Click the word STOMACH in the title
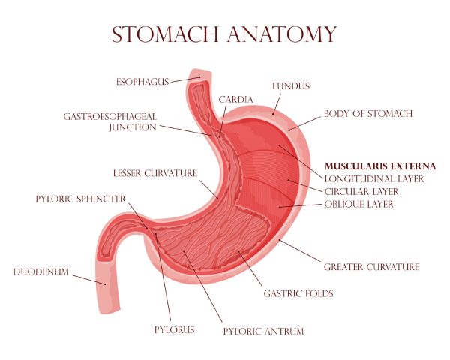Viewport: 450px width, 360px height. tap(165, 34)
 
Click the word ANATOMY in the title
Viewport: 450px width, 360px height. tap(283, 34)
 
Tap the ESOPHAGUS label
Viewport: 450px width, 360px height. tap(142, 82)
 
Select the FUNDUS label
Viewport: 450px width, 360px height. tap(291, 86)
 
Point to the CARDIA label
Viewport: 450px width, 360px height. tap(236, 100)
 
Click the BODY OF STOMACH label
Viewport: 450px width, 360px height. tap(368, 114)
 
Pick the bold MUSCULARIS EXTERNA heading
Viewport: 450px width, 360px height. tap(380, 166)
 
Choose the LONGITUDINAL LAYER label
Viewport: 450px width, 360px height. tap(374, 178)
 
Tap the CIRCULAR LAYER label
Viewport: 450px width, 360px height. tap(361, 191)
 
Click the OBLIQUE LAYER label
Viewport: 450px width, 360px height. tap(359, 205)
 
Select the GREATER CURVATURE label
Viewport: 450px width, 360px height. tap(372, 267)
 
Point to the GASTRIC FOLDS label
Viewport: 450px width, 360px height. tap(298, 293)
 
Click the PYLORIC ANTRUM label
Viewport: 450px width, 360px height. tap(264, 331)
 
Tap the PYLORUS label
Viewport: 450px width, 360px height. tap(175, 329)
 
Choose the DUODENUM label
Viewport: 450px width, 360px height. tap(41, 271)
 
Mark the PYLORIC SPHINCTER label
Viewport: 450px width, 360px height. tap(81, 199)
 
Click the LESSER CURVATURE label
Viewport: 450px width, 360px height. tap(155, 173)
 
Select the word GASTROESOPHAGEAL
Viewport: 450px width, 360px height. tap(110, 117)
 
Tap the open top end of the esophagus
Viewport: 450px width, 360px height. tap(200, 73)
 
